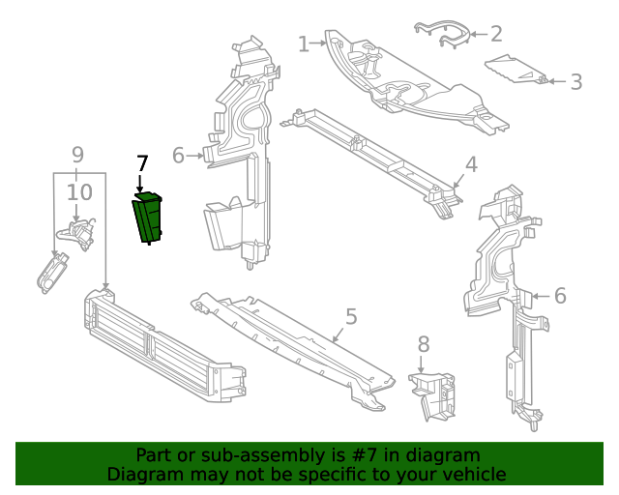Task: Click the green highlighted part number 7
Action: (148, 218)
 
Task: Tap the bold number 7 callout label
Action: (141, 164)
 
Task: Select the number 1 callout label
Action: (304, 44)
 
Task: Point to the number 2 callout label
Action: (496, 35)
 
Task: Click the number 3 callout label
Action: (575, 82)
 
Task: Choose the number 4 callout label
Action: (470, 165)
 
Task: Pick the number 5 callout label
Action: (351, 316)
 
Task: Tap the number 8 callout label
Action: (423, 344)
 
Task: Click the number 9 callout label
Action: (77, 154)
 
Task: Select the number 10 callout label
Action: (79, 193)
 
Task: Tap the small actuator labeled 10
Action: (77, 234)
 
